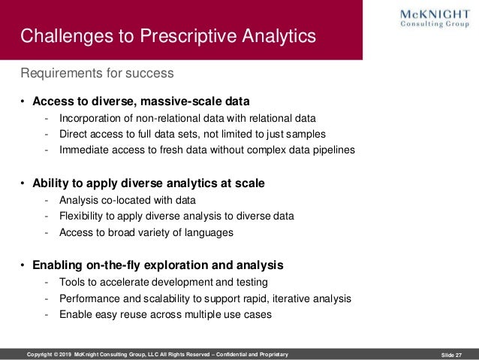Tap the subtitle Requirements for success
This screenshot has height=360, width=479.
point(97,74)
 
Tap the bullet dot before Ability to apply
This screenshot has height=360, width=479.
point(23,183)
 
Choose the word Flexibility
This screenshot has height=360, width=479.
point(84,216)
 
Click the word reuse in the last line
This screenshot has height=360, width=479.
point(143,315)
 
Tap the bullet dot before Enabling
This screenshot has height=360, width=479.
point(23,265)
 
